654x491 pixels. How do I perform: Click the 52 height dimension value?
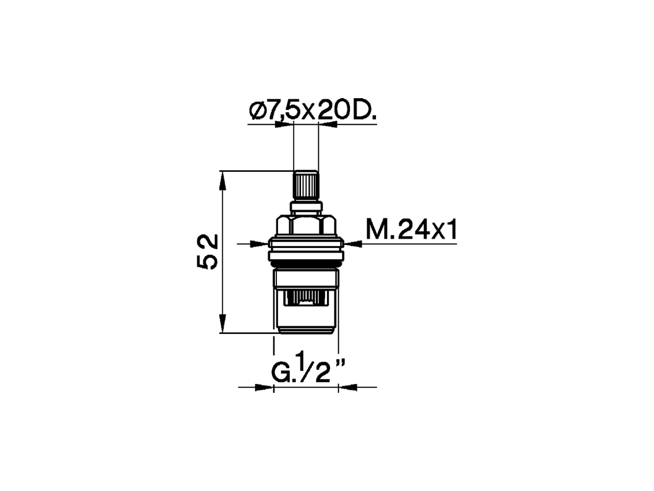pos(207,252)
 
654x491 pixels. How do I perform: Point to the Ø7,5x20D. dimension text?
pos(312,110)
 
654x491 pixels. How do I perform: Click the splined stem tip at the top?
pos(306,186)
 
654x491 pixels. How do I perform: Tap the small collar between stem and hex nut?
pos(306,207)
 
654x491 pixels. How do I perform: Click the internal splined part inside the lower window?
pos(306,298)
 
